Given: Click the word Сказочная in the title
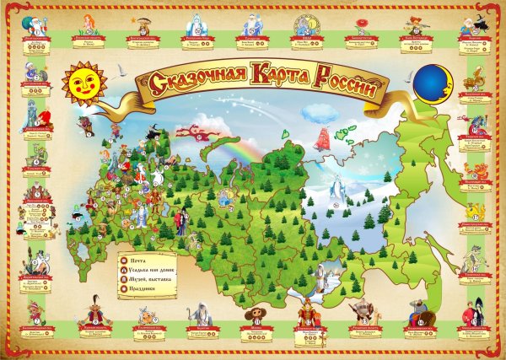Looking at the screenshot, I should tap(189, 80).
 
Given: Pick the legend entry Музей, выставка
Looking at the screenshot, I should tap(149, 280).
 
